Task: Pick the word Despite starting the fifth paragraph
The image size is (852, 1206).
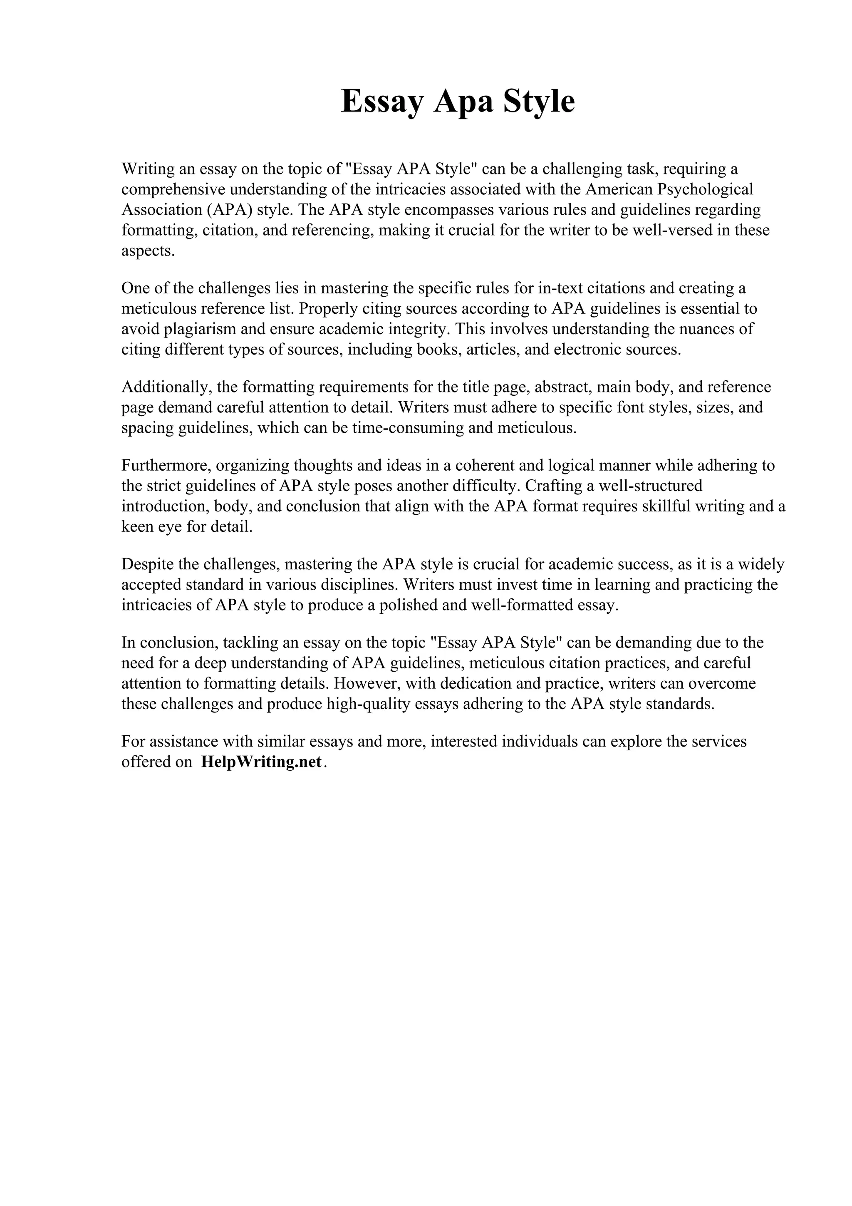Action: point(147,564)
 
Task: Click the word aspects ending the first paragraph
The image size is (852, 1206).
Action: point(147,251)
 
